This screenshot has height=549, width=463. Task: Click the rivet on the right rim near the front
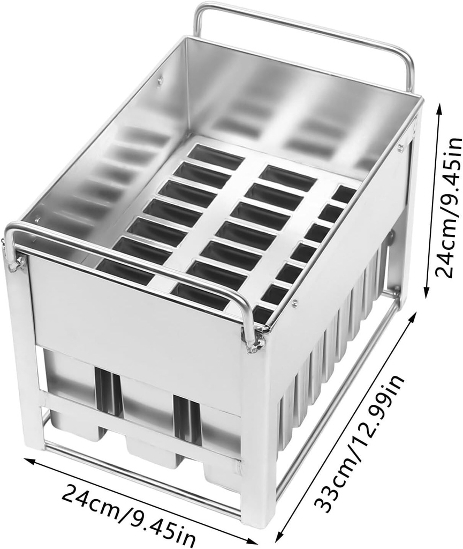pyautogui.click(x=295, y=301)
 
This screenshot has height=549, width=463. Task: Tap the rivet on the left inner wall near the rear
pyautogui.click(x=160, y=81)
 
